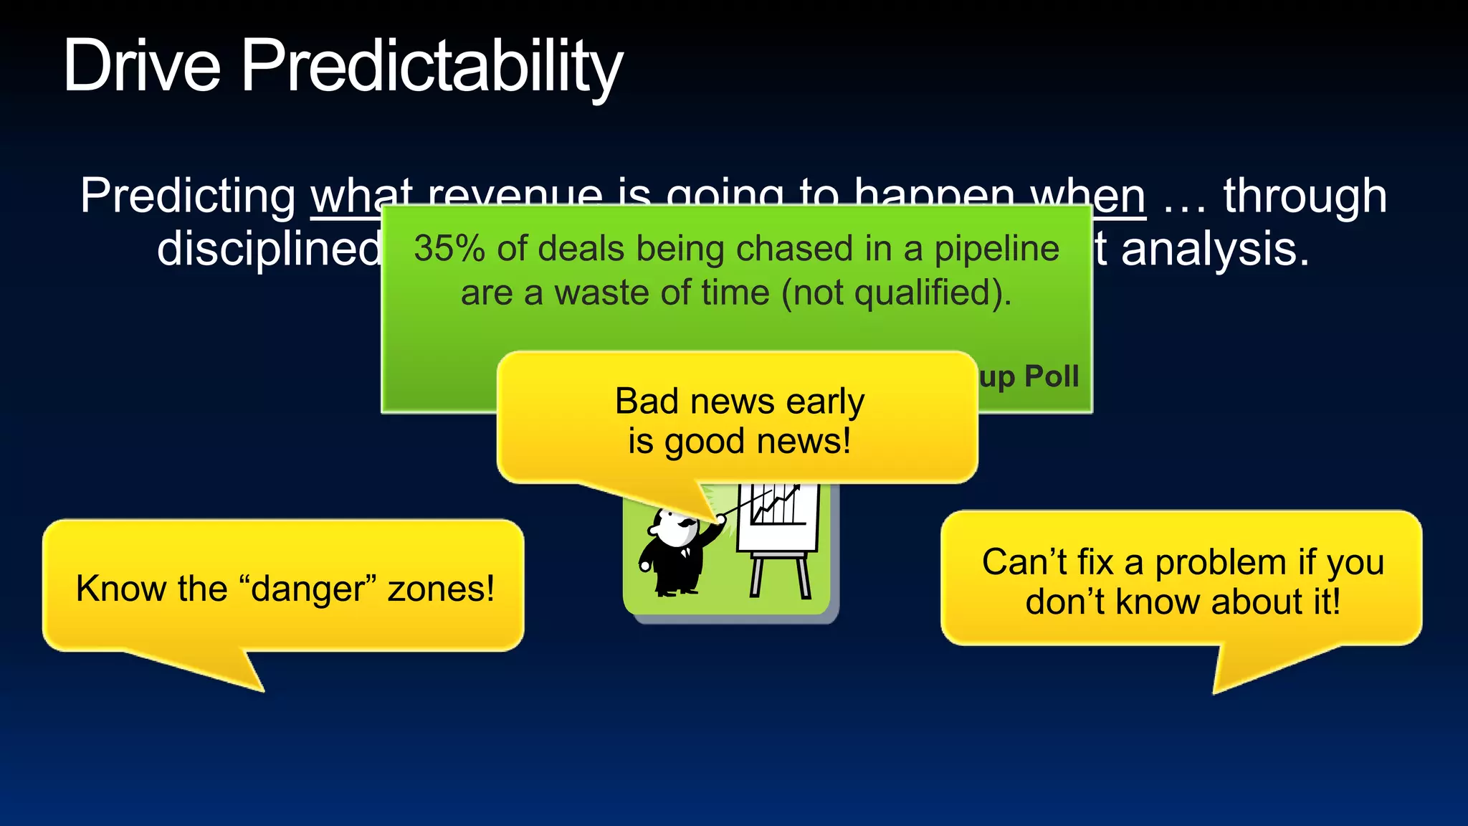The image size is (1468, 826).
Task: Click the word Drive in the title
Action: click(x=141, y=67)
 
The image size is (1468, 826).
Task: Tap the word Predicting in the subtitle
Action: click(x=188, y=196)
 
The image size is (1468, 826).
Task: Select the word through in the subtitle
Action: click(x=1305, y=196)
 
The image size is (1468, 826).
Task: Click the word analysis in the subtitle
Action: click(x=1215, y=250)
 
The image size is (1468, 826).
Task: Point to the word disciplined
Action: click(x=269, y=250)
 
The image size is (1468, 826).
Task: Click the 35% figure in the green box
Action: click(x=449, y=249)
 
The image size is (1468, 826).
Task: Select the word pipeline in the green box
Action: click(x=996, y=249)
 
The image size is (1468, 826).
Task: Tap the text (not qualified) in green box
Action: click(x=896, y=293)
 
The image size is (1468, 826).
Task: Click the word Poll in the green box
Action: click(x=1052, y=376)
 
